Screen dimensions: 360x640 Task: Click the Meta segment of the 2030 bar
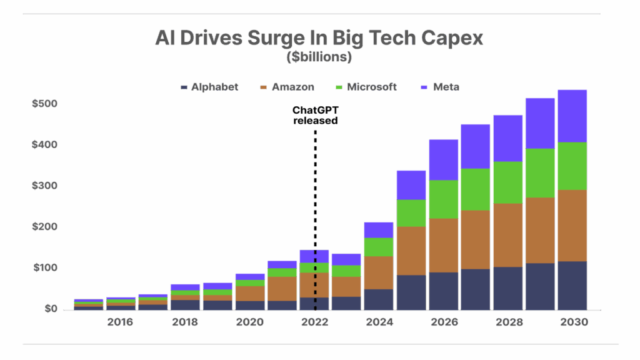[x=572, y=116]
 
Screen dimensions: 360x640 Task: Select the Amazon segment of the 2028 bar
[x=507, y=235]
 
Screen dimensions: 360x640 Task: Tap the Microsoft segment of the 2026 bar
[x=443, y=199]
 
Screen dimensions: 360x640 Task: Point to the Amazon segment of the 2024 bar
[x=379, y=272]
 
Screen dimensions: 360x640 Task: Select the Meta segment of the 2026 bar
[x=443, y=159]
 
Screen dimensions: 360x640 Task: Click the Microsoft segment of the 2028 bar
[x=507, y=182]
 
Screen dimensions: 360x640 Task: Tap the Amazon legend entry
[x=286, y=87]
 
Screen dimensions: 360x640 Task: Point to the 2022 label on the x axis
[x=314, y=322]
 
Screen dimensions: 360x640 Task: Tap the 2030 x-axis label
[x=572, y=322]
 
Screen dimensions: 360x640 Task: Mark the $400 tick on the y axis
[x=45, y=144]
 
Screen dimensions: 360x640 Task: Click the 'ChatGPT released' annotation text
[x=316, y=115]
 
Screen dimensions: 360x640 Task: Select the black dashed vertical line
[x=314, y=187]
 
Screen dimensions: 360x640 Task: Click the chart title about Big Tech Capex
[x=319, y=39]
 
